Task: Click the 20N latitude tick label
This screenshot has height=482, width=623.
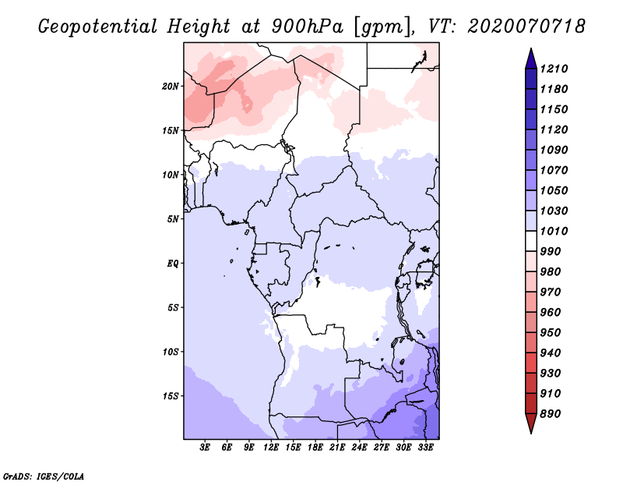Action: [171, 87]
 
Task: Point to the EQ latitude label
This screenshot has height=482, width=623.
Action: [173, 264]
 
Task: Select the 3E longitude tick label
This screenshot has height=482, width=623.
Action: [205, 448]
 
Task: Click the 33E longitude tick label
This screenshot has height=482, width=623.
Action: [425, 448]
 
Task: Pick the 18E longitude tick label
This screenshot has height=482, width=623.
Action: [315, 448]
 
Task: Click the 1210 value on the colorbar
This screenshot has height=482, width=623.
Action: [554, 69]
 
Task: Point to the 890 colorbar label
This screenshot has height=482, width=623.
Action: [551, 414]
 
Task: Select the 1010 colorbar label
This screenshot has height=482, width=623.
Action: [554, 231]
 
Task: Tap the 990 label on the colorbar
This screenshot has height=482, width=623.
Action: [551, 252]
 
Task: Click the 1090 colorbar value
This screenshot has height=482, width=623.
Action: [554, 150]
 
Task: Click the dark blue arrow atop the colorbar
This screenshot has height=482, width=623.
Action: [531, 58]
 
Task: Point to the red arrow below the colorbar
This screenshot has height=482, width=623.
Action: [531, 424]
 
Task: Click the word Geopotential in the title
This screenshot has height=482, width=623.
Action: [98, 27]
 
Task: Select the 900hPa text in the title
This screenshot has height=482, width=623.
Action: [308, 27]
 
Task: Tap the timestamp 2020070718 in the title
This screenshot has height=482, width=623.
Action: [526, 26]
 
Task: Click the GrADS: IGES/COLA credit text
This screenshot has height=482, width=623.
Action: [44, 477]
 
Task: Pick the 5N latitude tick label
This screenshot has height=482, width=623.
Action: [173, 219]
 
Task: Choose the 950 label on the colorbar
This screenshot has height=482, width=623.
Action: [551, 333]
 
